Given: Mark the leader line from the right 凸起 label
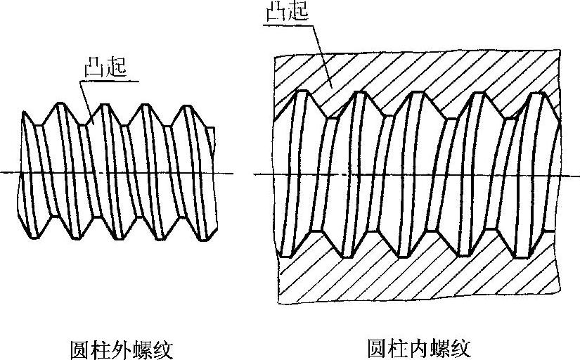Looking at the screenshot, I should [320, 56].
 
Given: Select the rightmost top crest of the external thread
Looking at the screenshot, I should [186, 107].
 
